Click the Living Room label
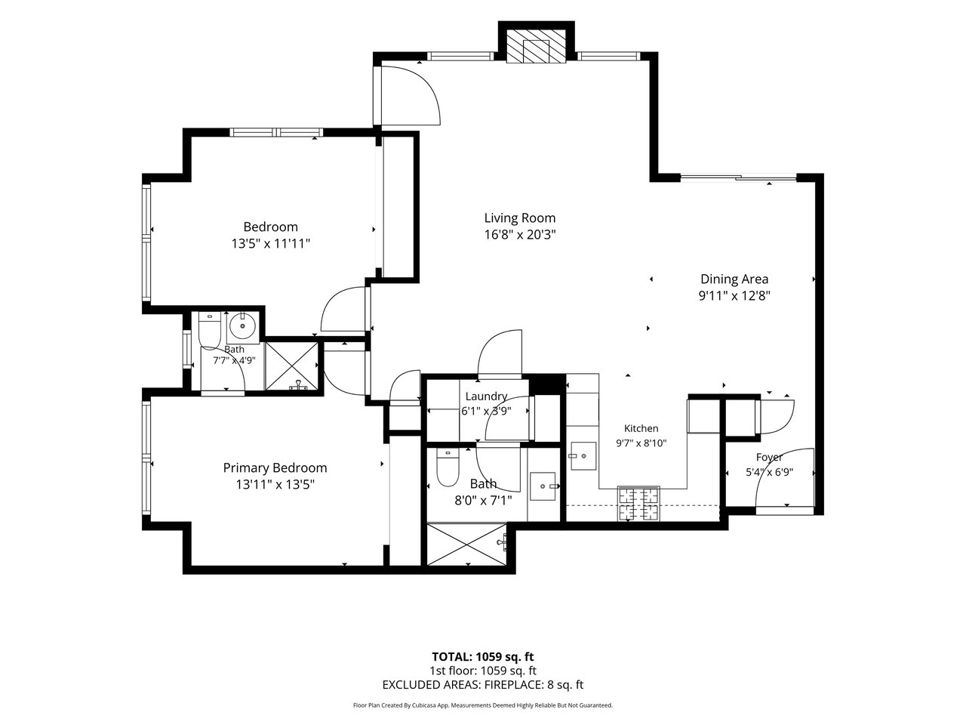click(520, 218)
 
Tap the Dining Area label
click(734, 279)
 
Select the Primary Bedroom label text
click(275, 468)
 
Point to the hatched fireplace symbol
click(536, 46)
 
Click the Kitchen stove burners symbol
click(638, 503)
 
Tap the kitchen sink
click(583, 456)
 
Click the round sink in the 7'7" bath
click(242, 326)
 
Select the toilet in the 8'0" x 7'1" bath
click(448, 467)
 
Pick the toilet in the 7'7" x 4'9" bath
click(209, 329)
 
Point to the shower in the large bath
click(467, 544)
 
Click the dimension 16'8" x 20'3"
click(520, 235)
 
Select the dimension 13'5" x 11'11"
click(271, 243)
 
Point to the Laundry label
click(486, 396)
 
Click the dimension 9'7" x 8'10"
click(641, 443)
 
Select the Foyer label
click(769, 457)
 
